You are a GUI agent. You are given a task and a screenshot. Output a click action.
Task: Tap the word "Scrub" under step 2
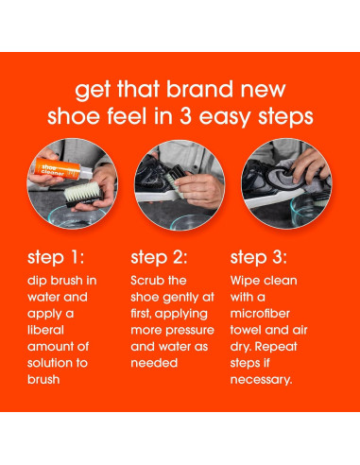coord(147,282)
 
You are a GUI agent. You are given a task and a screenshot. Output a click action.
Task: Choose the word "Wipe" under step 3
coord(247,282)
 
